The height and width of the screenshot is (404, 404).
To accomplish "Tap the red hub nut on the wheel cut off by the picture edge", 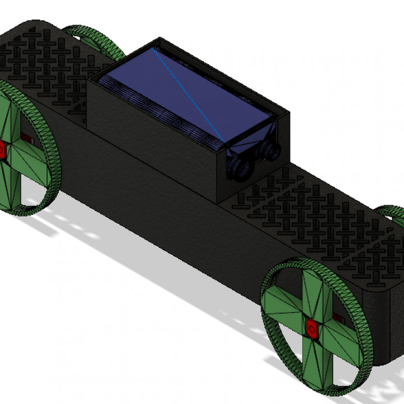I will pos(2,150).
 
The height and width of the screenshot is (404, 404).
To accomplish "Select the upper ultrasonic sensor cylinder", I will pos(272,149).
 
